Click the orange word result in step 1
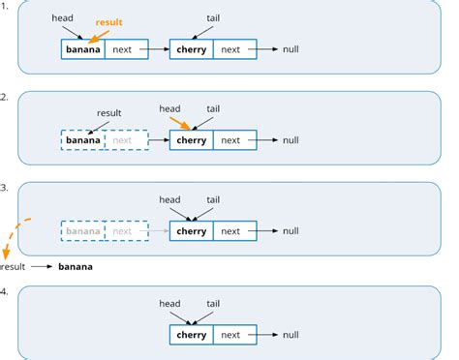tap(109, 21)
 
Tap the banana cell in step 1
tap(82, 49)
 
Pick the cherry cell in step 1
tap(191, 49)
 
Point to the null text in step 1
tap(291, 49)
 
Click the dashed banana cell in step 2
tap(82, 139)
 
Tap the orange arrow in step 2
tap(184, 122)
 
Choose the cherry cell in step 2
tap(191, 139)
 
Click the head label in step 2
tap(171, 108)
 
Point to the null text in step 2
tap(291, 139)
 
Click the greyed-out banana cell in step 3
tap(82, 231)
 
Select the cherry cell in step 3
tap(191, 231)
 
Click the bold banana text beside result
tap(76, 265)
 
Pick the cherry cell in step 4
tap(191, 335)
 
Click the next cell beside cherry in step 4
tap(230, 335)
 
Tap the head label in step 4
tap(169, 303)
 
